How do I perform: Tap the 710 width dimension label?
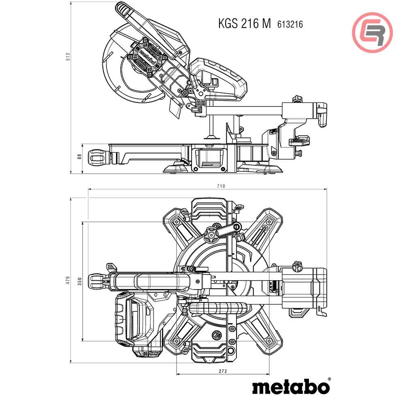click(x=221, y=186)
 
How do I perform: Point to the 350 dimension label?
click(x=80, y=280)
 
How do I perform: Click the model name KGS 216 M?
click(x=244, y=23)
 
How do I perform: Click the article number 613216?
click(x=290, y=24)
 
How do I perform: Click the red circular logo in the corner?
click(x=372, y=32)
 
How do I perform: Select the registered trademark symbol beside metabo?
click(x=329, y=379)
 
